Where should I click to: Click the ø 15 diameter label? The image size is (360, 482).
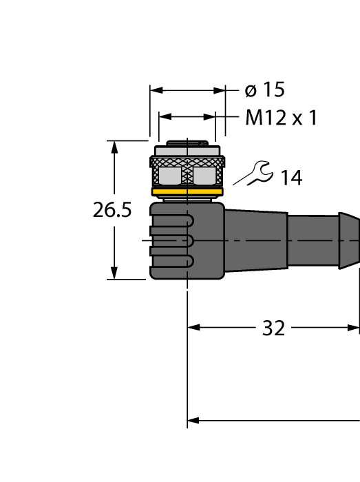(x=265, y=90)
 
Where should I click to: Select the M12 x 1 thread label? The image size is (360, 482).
(x=281, y=118)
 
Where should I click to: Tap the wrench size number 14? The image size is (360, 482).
(x=290, y=178)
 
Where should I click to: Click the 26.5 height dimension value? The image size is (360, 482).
(x=112, y=211)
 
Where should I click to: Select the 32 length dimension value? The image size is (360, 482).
(x=273, y=328)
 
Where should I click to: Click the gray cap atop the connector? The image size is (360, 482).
(x=187, y=149)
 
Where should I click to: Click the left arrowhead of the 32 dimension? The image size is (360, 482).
(x=193, y=328)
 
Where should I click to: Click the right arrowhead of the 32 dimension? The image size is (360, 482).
(x=354, y=328)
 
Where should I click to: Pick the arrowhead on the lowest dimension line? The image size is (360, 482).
(x=193, y=420)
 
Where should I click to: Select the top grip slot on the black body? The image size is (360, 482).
(x=172, y=221)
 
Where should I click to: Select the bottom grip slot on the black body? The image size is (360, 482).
(x=172, y=261)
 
